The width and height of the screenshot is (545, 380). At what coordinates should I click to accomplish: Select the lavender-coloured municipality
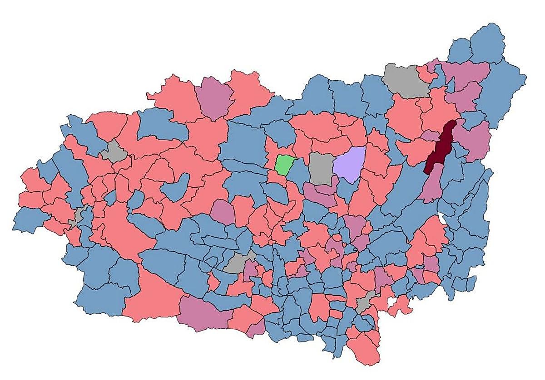(x=350, y=164)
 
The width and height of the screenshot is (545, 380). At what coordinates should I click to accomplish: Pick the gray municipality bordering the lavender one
(x=322, y=168)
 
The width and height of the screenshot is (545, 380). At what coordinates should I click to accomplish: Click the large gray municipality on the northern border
(x=406, y=80)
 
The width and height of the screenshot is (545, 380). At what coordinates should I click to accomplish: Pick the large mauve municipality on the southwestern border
(x=200, y=313)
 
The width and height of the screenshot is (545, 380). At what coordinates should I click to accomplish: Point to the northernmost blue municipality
(x=487, y=43)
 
